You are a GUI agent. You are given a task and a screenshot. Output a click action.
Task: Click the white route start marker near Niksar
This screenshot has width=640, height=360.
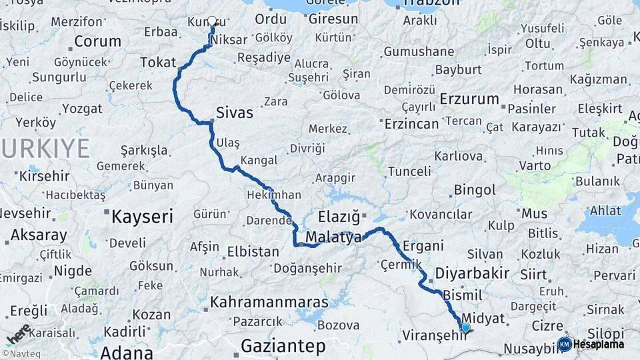click(x=213, y=21)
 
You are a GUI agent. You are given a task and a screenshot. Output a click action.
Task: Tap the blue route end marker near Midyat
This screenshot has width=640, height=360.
click(x=465, y=327)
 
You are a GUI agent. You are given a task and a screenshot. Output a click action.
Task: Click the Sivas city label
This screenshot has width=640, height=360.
click(x=235, y=113)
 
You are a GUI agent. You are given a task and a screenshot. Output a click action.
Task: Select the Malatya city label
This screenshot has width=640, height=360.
click(x=333, y=237)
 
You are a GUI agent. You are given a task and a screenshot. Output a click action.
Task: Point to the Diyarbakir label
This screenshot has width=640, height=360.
click(x=472, y=273)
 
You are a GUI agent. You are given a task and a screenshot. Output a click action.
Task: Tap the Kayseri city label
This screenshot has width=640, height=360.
click(x=142, y=216)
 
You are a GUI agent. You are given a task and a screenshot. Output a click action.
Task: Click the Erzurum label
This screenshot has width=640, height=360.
click(x=469, y=99)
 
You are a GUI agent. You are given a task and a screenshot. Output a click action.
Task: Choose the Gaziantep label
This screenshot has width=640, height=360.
click(x=283, y=346)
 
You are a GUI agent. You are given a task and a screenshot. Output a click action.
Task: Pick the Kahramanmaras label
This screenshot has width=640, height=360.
click(x=269, y=302)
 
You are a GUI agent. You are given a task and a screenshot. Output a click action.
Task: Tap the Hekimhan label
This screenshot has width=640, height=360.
click(x=274, y=195)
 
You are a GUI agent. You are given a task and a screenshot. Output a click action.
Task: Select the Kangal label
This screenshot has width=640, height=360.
click(x=258, y=160)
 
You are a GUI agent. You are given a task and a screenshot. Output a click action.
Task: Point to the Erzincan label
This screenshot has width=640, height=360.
click(x=413, y=123)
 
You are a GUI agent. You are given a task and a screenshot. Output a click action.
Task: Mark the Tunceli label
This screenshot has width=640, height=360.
click(x=409, y=171)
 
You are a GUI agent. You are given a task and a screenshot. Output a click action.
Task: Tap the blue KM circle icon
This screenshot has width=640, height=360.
click(x=564, y=345)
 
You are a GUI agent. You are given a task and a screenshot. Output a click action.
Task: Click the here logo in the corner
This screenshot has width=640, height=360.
click(x=18, y=335)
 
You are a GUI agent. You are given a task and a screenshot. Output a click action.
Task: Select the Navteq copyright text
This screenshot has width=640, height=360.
click(x=21, y=353)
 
